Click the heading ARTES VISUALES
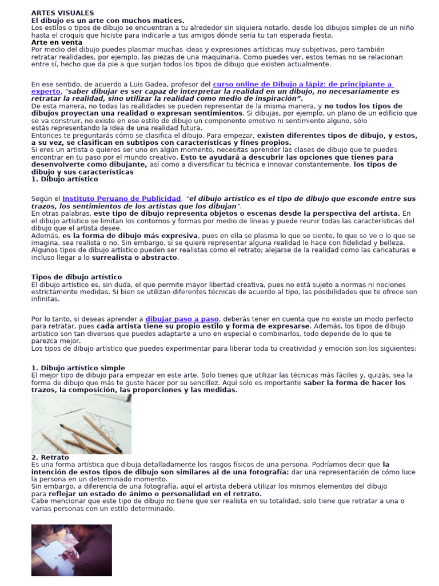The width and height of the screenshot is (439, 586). (62, 13)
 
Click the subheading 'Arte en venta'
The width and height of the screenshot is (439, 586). (57, 42)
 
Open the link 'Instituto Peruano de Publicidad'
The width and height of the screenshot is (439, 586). (121, 198)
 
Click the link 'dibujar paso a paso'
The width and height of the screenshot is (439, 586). (182, 319)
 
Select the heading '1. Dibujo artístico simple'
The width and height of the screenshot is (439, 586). (78, 367)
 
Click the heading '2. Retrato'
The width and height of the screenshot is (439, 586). (50, 457)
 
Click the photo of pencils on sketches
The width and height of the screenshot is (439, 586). (81, 423)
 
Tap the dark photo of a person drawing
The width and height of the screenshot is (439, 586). (71, 550)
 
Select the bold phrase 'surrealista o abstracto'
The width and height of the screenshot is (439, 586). (142, 257)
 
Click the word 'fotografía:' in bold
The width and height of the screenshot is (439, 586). (267, 472)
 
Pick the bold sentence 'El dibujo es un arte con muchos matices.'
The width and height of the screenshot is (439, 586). (107, 20)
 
